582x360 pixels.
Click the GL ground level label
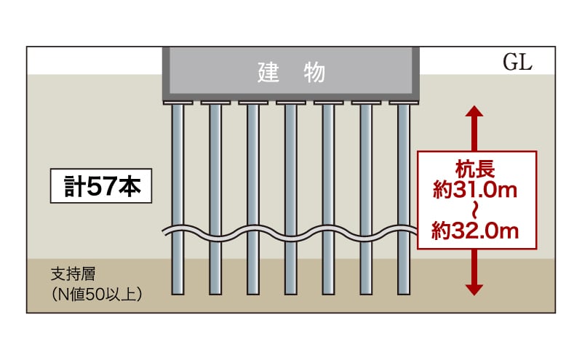pos(517,62)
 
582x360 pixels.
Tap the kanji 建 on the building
pos(268,73)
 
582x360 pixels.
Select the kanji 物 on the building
pos(314,73)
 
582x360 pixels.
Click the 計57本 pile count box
pos(101,185)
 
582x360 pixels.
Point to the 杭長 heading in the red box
pos(475,169)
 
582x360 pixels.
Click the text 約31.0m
pos(475,190)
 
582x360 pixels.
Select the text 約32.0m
pos(475,231)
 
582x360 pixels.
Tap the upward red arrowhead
pos(474,111)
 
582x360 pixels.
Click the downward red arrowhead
pos(474,290)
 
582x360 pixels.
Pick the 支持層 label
pos(73,274)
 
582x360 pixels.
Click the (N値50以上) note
pos(97,295)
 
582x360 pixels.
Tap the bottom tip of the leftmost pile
pos(178,295)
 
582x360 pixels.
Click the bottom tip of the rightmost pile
pos(404,295)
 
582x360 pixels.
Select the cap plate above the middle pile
pos(291,103)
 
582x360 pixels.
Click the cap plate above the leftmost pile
pos(178,103)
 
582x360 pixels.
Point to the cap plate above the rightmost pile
pos(404,103)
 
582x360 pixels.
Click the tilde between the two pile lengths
pos(475,210)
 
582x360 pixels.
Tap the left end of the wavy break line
pos(163,232)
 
